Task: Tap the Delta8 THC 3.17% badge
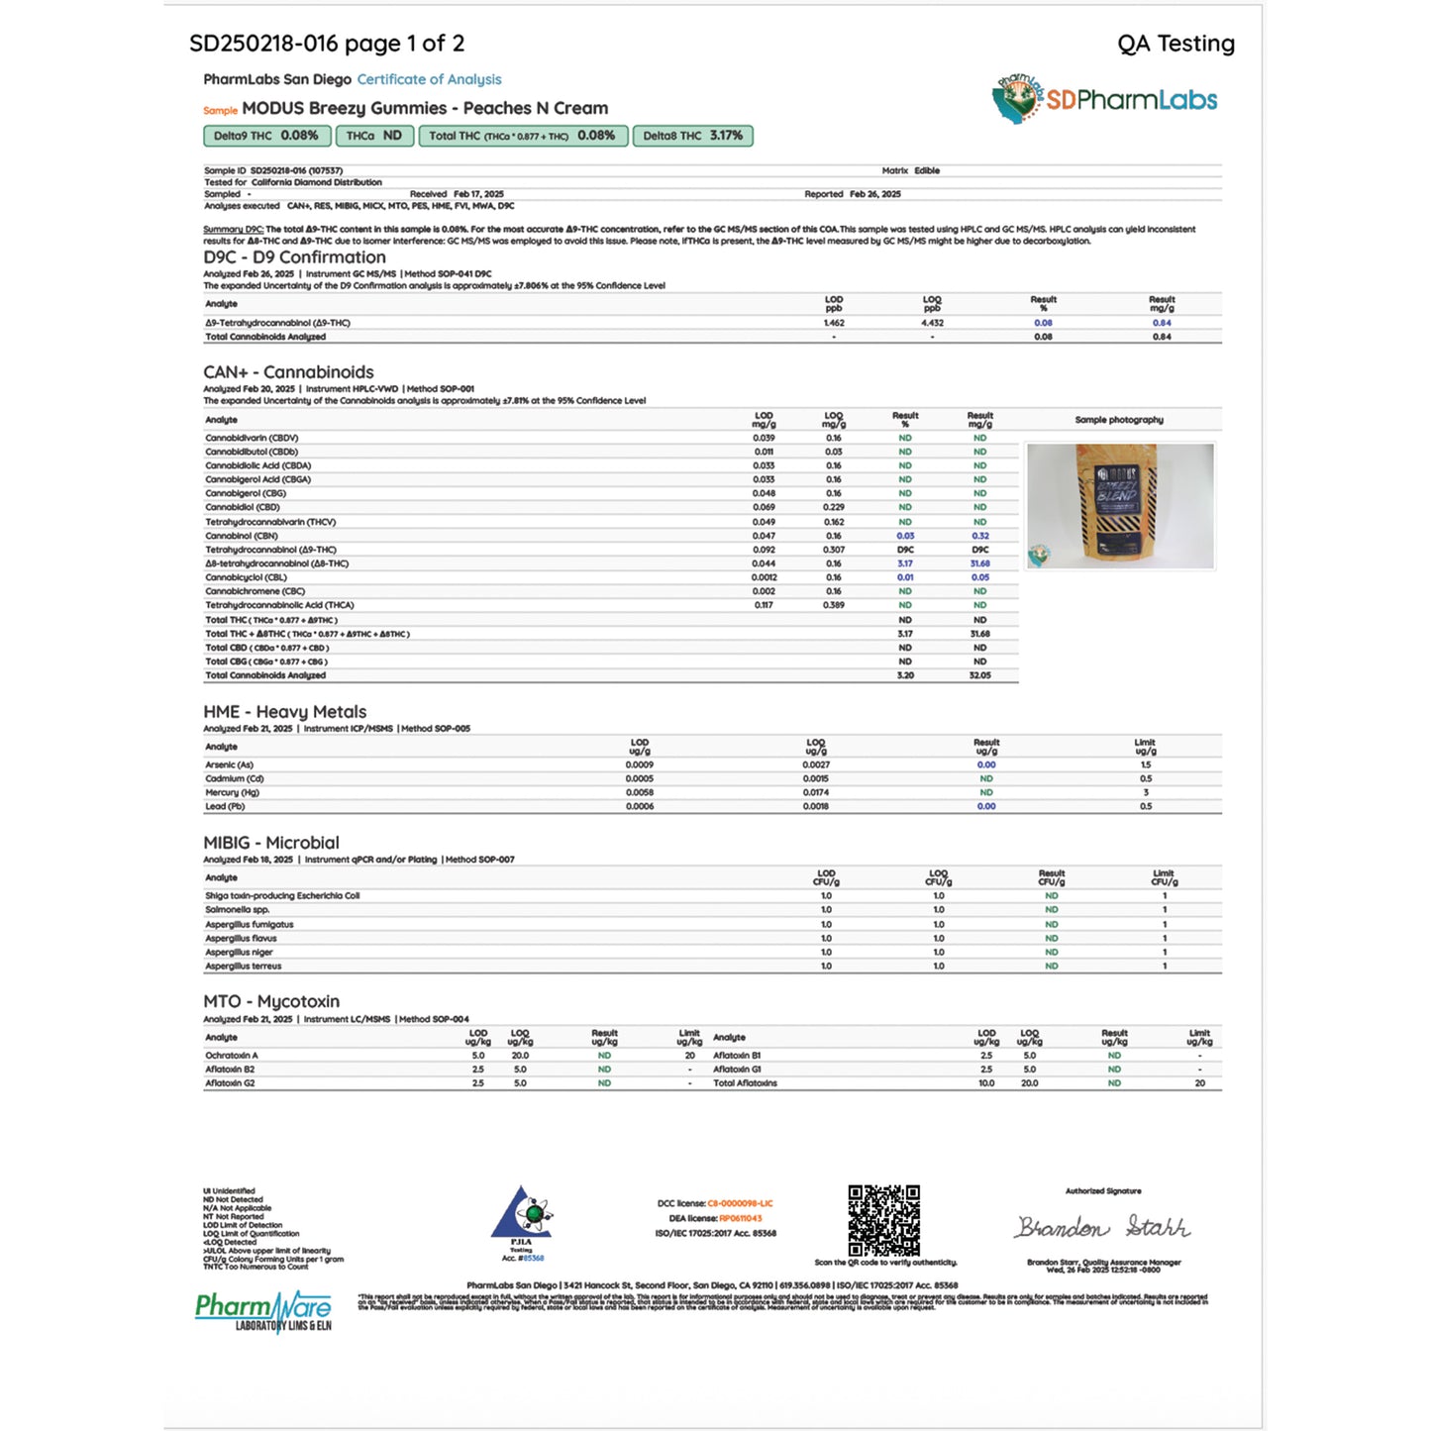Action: point(692,136)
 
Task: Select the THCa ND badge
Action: point(373,136)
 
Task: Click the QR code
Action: point(883,1220)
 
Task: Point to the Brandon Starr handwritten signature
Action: point(1102,1228)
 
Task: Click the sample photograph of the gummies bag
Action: point(1119,505)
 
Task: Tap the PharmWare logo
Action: point(263,1311)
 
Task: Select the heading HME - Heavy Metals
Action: point(284,712)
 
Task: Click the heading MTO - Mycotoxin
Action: point(271,1001)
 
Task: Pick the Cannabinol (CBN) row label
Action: point(242,536)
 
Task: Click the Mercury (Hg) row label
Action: point(232,792)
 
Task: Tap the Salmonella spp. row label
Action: point(237,909)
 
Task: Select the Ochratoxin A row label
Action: point(231,1056)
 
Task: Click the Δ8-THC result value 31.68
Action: point(979,563)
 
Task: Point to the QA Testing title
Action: point(1175,44)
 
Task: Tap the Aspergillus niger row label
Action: point(239,952)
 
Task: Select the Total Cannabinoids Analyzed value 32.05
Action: point(979,675)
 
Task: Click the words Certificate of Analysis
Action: point(429,79)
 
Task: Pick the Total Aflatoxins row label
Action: point(745,1083)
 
